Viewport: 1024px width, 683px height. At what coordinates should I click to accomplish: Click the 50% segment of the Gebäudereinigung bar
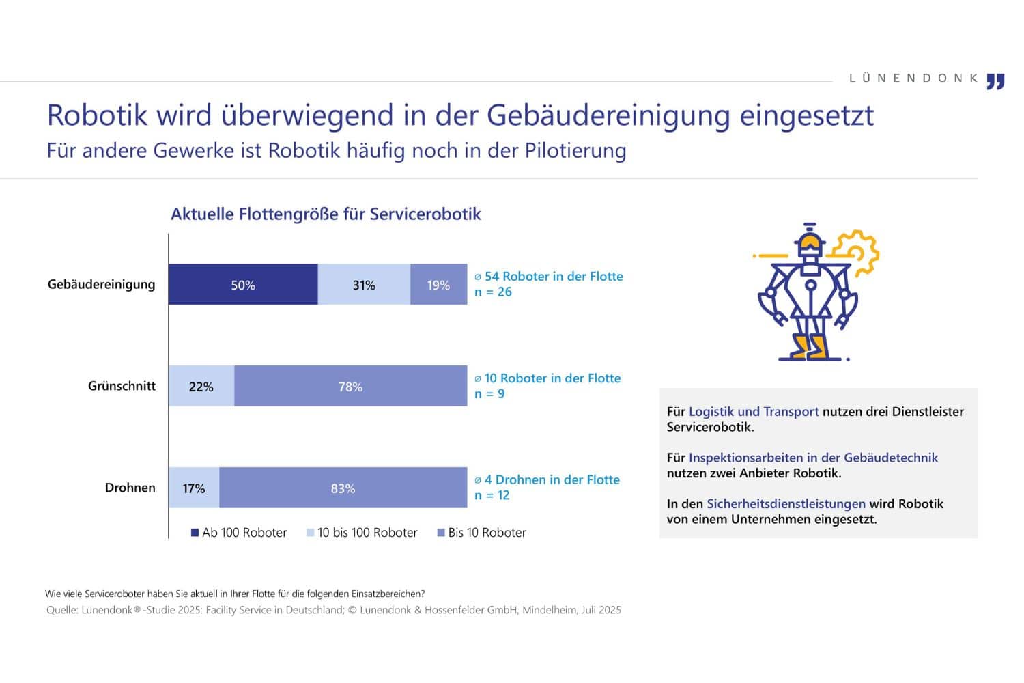pyautogui.click(x=243, y=284)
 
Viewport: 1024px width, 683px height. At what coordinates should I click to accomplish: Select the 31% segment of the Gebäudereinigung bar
pyautogui.click(x=364, y=284)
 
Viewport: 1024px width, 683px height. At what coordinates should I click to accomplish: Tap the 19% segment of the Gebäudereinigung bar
pyautogui.click(x=438, y=284)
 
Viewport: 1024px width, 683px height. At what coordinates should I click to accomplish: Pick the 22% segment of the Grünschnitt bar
pyautogui.click(x=201, y=386)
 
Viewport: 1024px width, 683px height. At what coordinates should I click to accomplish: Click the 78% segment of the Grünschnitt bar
pyautogui.click(x=350, y=386)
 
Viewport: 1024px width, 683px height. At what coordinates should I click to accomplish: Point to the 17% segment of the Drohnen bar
pyautogui.click(x=194, y=488)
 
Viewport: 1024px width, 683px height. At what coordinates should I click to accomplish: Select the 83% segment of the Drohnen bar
pyautogui.click(x=343, y=488)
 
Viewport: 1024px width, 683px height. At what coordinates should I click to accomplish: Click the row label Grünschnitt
pyautogui.click(x=122, y=386)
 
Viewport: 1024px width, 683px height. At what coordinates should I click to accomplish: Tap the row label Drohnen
pyautogui.click(x=130, y=488)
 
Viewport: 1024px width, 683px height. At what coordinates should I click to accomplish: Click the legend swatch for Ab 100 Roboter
pyautogui.click(x=195, y=533)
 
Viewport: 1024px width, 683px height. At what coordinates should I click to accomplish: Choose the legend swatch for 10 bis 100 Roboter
pyautogui.click(x=311, y=533)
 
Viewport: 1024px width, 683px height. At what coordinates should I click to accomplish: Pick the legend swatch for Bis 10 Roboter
pyautogui.click(x=441, y=533)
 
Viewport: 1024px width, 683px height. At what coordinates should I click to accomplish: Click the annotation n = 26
pyautogui.click(x=493, y=292)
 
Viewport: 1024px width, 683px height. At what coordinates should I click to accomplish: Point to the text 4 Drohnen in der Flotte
pyautogui.click(x=552, y=480)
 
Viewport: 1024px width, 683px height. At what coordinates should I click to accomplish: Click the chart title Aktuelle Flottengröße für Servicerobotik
pyautogui.click(x=326, y=214)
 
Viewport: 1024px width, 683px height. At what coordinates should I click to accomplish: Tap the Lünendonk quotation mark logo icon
pyautogui.click(x=996, y=81)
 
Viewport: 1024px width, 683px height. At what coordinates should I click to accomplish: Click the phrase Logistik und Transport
pyautogui.click(x=754, y=412)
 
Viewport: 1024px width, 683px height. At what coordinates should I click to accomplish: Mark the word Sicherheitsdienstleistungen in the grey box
pyautogui.click(x=786, y=504)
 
